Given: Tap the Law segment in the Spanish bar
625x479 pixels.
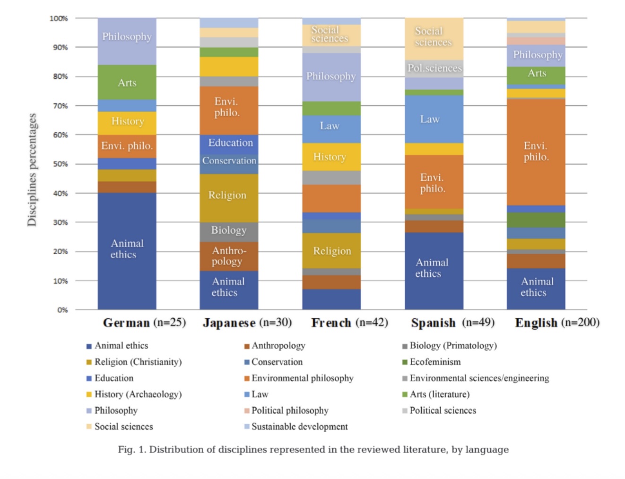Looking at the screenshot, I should [x=434, y=119].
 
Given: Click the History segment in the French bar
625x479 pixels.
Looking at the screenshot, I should [x=331, y=157].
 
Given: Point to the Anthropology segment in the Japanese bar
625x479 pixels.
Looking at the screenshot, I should [x=229, y=256].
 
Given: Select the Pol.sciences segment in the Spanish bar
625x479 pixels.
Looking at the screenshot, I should [x=434, y=68].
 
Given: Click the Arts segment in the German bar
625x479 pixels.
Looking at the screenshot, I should [x=127, y=82].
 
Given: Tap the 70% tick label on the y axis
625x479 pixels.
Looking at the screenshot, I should [x=60, y=106].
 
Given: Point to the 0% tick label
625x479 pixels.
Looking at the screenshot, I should [x=62, y=310].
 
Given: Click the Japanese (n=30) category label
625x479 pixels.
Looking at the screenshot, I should [x=247, y=323].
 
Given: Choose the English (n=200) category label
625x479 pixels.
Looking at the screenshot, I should [x=557, y=323].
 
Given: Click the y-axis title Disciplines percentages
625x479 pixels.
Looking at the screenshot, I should [x=32, y=170].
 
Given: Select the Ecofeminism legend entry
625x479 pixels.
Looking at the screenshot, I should [x=435, y=362].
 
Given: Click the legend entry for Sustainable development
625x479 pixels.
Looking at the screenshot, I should [x=299, y=427].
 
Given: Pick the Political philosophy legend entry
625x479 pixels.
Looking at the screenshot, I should [x=290, y=411].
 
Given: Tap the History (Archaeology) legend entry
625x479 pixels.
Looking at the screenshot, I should [x=138, y=394].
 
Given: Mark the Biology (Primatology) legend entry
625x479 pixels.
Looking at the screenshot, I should [x=453, y=345].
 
